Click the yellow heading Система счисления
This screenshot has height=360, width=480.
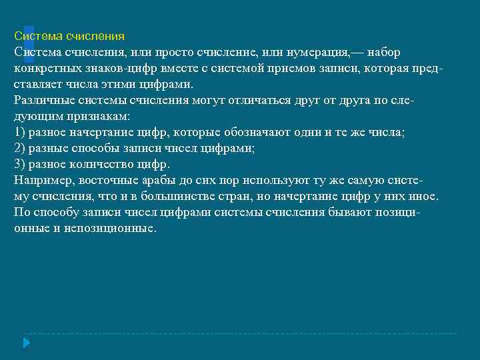tap(69, 36)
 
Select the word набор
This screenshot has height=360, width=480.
tap(383, 52)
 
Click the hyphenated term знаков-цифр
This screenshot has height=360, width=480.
tap(111, 69)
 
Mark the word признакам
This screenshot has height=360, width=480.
tap(97, 116)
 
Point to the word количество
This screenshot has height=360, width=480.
tap(101, 164)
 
